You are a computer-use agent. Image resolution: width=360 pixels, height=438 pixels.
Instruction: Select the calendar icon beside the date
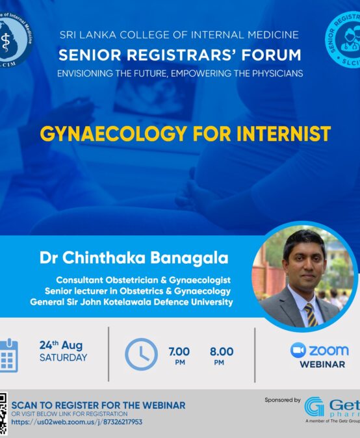point(8,355)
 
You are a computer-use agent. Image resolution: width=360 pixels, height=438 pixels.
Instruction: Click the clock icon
point(140,355)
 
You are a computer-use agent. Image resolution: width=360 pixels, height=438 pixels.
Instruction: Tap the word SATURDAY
point(63,357)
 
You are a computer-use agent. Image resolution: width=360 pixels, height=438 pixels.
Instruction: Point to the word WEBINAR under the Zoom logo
point(322,365)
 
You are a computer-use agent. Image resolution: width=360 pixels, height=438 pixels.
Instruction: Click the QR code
point(3,414)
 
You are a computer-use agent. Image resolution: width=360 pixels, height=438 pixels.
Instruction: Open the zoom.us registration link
point(77,422)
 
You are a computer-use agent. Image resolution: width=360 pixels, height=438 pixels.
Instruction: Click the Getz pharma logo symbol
point(314,407)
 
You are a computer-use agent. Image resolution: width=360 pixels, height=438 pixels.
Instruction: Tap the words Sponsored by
point(283,400)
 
